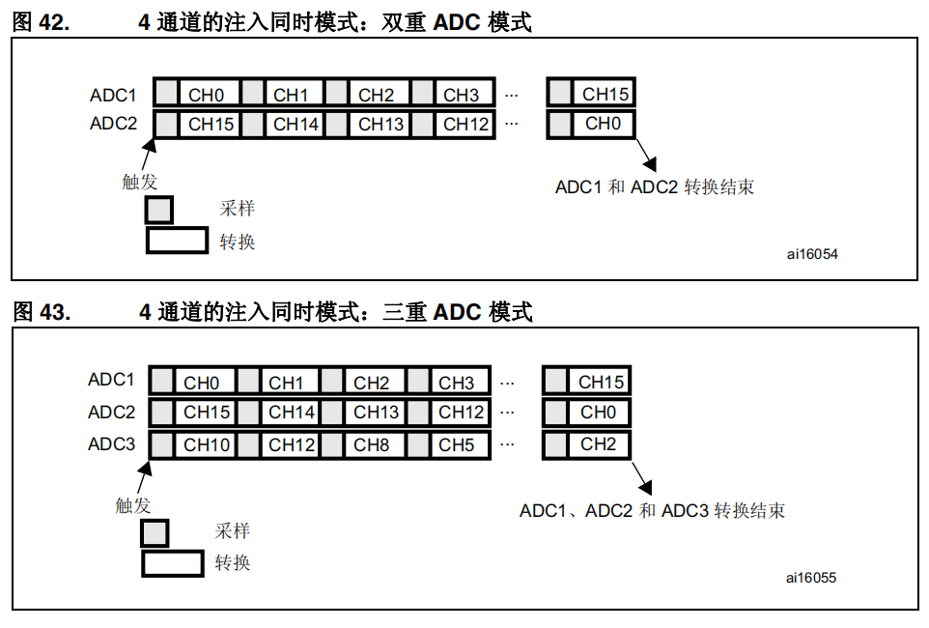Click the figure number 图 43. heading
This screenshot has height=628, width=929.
(x=41, y=312)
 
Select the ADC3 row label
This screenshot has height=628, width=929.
(x=112, y=444)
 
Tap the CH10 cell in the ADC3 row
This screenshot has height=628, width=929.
(x=208, y=445)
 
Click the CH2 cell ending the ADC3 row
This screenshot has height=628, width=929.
(x=599, y=444)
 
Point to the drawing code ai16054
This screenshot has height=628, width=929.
(x=811, y=255)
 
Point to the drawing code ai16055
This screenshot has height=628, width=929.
(x=811, y=578)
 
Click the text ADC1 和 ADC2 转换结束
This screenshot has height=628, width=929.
(x=654, y=187)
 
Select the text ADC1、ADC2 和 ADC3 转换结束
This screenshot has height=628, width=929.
(x=652, y=510)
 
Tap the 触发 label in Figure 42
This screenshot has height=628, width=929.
(x=139, y=182)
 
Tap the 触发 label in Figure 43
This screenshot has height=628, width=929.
(x=133, y=505)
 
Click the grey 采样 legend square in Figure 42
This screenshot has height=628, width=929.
(x=159, y=211)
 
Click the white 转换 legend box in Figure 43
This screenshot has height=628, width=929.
(x=173, y=562)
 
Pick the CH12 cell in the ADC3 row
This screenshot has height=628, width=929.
(x=293, y=445)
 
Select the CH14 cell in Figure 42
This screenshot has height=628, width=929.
(x=296, y=124)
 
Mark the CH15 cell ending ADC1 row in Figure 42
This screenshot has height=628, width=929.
(x=605, y=94)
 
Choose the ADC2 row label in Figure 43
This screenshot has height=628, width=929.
(x=112, y=413)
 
